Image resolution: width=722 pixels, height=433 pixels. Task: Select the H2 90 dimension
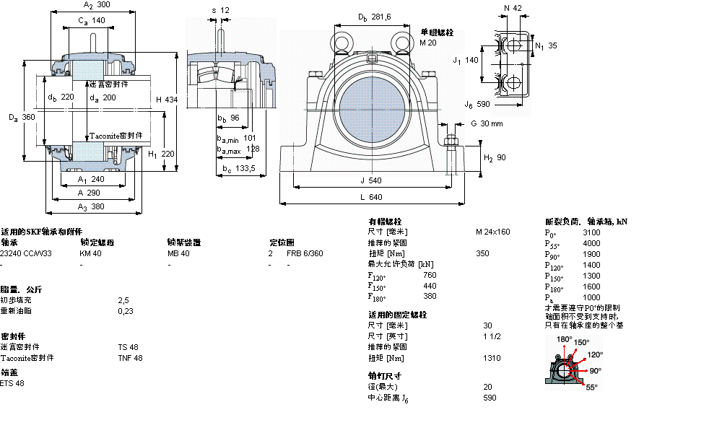coord(495,157)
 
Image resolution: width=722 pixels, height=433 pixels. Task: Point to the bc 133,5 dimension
coord(238,168)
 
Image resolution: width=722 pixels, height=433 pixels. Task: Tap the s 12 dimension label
coord(220,10)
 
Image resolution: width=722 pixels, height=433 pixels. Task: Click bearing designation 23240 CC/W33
coord(26,253)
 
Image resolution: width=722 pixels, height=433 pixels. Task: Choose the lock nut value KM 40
coord(90,253)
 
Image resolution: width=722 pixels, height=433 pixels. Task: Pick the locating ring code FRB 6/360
coord(305,253)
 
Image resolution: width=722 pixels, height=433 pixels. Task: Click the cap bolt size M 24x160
coord(492,232)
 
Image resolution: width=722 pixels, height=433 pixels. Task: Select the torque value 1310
coord(492,358)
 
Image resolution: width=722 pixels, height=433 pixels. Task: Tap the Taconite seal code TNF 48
coord(130,358)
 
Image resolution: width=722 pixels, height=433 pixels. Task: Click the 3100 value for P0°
coord(591,232)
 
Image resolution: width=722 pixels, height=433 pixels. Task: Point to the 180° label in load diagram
coord(564,338)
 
